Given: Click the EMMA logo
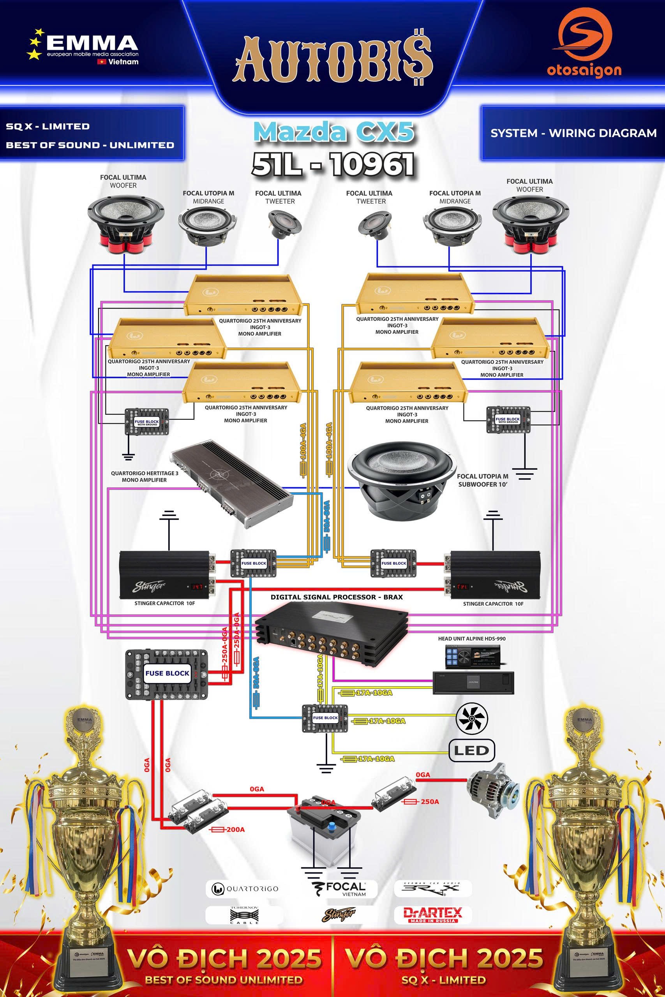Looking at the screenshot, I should [83, 47].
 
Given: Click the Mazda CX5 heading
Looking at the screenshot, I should [334, 132].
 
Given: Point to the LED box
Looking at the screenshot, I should [472, 750].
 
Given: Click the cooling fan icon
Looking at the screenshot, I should [472, 718].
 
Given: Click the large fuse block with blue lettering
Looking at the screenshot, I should [167, 673].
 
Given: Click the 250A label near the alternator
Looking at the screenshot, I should [429, 801].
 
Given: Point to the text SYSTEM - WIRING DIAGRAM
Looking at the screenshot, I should [573, 133].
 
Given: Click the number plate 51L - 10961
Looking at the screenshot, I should [333, 164].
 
